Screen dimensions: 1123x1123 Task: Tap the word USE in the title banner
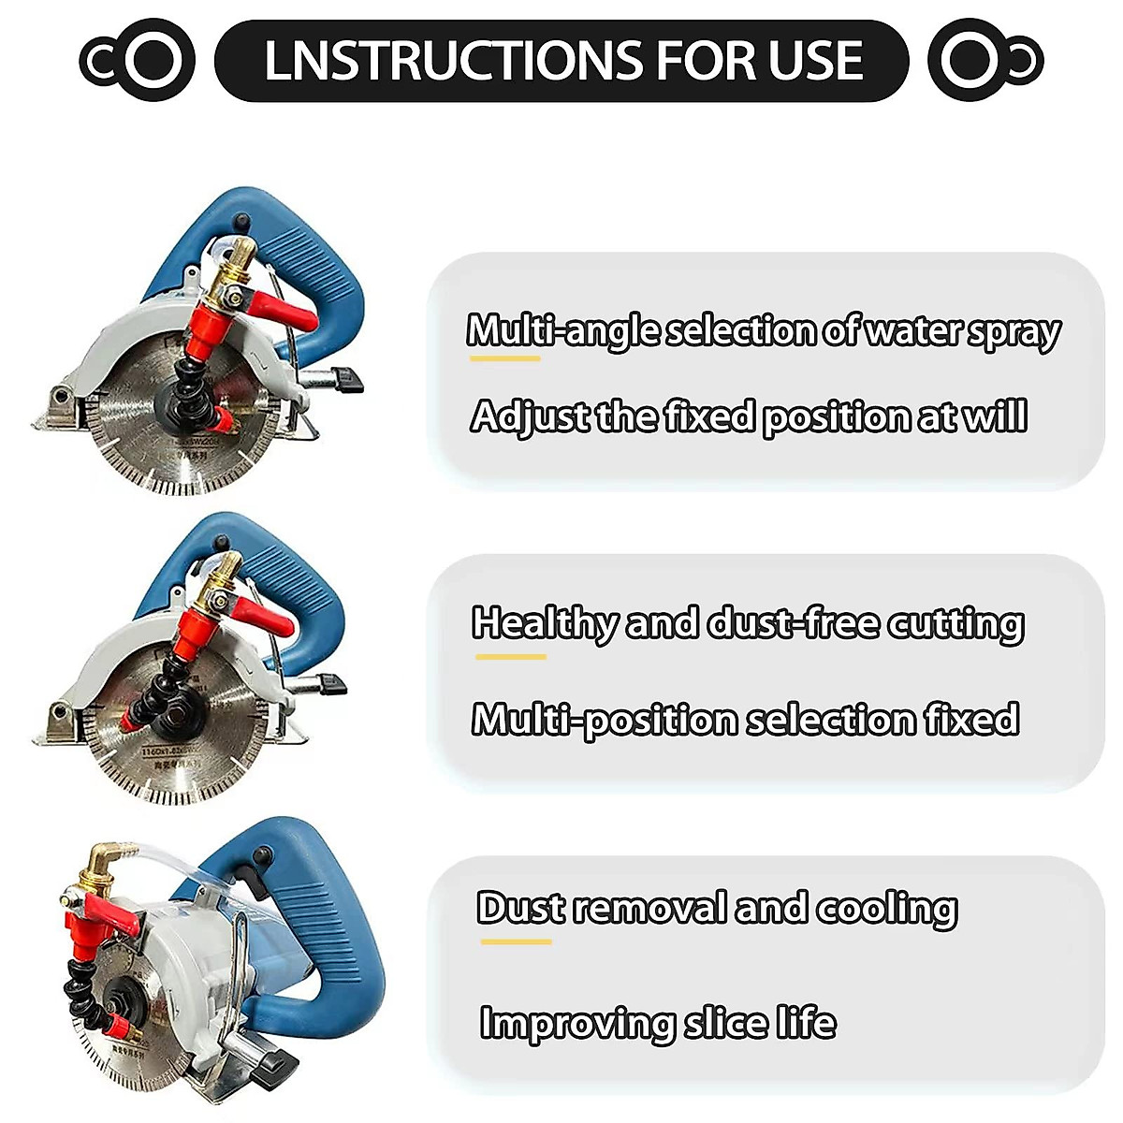coord(814,61)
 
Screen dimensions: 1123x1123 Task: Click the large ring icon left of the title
coord(153,61)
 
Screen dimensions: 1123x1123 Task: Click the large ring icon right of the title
coord(970,61)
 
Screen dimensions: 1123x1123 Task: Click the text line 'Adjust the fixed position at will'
coord(749,416)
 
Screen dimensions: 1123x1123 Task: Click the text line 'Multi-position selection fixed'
coord(745,720)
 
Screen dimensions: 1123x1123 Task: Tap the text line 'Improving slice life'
coord(657,1023)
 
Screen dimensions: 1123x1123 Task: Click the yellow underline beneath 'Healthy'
coord(510,657)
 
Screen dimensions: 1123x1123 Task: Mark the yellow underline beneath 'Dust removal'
coord(516,941)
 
